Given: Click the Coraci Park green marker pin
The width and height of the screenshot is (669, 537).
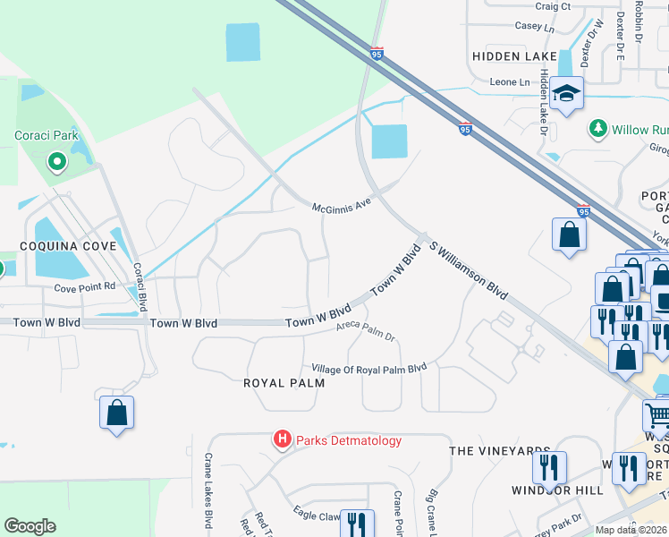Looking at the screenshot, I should (57, 162).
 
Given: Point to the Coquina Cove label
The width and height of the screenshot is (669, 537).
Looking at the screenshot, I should (70, 245).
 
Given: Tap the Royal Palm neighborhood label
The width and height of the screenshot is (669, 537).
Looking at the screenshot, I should (283, 382).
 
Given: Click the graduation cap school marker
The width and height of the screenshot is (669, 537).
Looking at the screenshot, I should (566, 93).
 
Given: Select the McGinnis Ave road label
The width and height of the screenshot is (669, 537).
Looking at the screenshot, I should (341, 206).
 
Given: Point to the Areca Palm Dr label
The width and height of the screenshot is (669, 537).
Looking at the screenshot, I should (365, 331).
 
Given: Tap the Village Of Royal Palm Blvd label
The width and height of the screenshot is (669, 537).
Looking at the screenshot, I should (368, 369).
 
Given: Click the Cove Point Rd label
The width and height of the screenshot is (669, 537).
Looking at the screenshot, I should (85, 287).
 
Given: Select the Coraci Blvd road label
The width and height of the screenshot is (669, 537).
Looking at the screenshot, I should (139, 281).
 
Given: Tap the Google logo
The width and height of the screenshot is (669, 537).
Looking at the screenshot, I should (30, 526).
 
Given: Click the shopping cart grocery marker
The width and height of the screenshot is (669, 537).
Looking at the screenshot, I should (657, 414).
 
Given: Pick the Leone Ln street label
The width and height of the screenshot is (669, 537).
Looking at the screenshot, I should (510, 81).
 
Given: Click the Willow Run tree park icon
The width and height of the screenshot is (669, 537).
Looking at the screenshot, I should (598, 129).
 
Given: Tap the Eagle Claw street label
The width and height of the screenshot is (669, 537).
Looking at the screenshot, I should (318, 514).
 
